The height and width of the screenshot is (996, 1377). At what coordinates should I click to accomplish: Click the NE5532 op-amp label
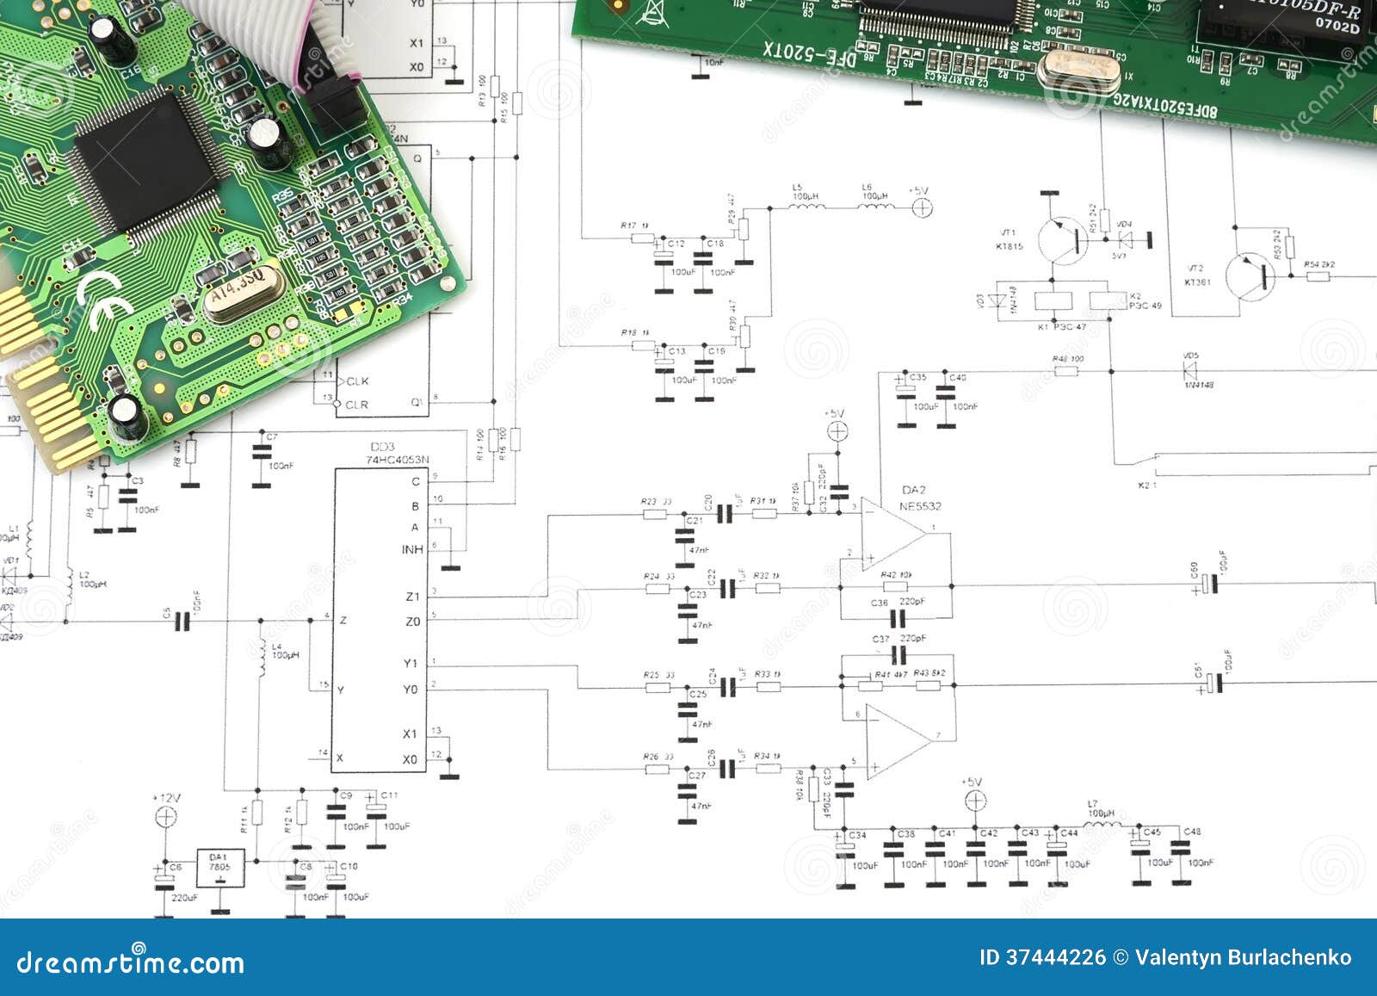point(920,506)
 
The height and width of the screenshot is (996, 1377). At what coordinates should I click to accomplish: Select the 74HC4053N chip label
point(397,460)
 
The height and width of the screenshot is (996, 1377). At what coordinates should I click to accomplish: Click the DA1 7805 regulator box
point(220,868)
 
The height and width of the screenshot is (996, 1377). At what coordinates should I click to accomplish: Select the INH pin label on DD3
point(412,549)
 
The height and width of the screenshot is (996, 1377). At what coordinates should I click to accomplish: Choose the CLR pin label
point(356,405)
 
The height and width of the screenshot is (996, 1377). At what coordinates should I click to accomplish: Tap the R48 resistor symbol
point(1066,371)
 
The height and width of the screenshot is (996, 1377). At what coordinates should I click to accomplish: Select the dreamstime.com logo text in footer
point(131,962)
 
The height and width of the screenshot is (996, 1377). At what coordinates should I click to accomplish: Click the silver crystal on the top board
point(1078,69)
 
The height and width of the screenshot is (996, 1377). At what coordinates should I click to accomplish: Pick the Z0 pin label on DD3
point(412,621)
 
